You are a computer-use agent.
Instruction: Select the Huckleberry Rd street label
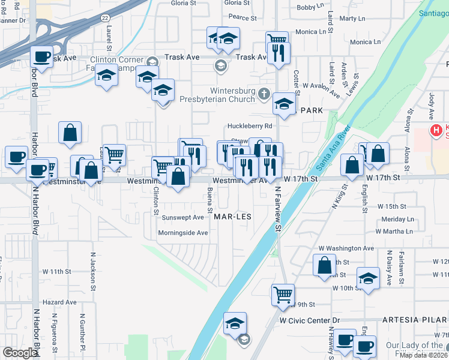coord(250,126)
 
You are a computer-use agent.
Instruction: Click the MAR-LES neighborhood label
coord(232,217)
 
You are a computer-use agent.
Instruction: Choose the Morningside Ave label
coord(182,233)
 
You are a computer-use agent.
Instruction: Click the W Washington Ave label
coord(346,248)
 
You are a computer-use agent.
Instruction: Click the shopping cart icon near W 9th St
coord(283,295)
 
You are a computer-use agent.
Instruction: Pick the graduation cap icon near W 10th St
coord(368,278)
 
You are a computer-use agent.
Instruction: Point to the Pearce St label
coord(243,18)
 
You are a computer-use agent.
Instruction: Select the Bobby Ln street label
coord(310,7)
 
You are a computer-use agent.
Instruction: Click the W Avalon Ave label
coord(321,89)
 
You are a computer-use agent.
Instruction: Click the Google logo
coord(20,353)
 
